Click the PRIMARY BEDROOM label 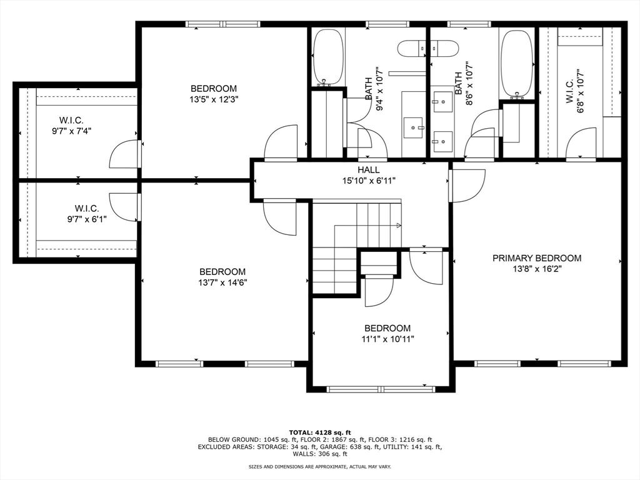(x=537, y=258)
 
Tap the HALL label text (x=369, y=170)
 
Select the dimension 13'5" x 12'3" (x=214, y=99)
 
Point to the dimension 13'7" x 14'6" (x=222, y=282)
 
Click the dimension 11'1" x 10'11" (x=387, y=339)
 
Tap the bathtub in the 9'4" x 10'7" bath (x=328, y=57)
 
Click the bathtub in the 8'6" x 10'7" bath (x=517, y=63)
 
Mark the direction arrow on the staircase (x=399, y=225)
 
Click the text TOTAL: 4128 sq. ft (x=320, y=432)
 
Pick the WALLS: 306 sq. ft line (x=320, y=454)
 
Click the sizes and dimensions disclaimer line (x=320, y=466)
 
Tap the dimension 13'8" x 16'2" (x=537, y=269)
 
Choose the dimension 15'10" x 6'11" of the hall (x=369, y=181)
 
